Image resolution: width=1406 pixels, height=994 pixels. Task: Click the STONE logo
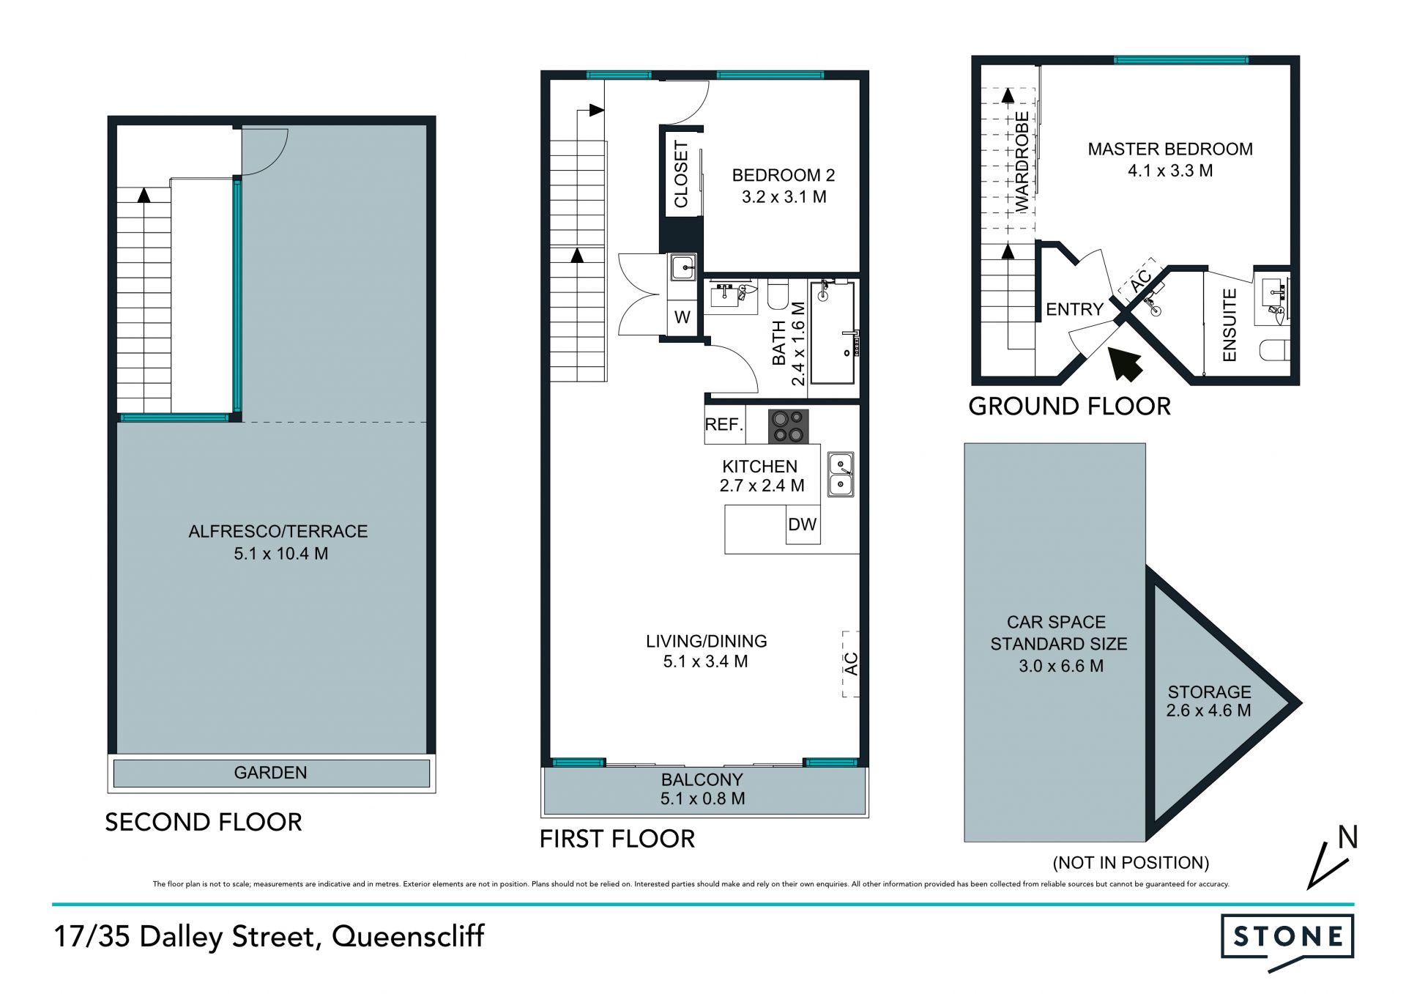(1287, 941)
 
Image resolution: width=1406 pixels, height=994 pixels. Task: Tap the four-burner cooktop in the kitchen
(788, 426)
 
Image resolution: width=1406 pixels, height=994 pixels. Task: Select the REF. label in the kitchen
(724, 425)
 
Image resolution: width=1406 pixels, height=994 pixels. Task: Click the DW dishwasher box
(803, 524)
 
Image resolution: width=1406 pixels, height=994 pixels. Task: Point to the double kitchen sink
(841, 474)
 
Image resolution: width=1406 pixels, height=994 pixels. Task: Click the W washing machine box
(682, 317)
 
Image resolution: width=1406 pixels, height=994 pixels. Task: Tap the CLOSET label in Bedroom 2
(681, 174)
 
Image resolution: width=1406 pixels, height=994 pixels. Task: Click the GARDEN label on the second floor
(270, 773)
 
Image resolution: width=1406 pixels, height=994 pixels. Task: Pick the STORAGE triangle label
(1209, 701)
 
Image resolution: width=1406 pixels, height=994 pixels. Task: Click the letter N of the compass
(1347, 837)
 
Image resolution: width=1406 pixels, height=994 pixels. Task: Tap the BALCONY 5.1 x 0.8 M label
(702, 790)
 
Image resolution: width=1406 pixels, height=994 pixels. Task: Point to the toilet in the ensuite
(1275, 350)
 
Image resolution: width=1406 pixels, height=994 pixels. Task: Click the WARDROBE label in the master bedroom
(1022, 162)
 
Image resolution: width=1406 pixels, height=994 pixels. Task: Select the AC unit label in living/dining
(850, 664)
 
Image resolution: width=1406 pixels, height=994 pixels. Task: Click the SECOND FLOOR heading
(204, 822)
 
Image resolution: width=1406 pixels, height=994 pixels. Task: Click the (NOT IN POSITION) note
(1131, 863)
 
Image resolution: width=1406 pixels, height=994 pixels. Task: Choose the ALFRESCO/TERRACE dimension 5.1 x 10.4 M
(281, 554)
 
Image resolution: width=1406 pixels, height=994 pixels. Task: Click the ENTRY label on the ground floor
(1074, 309)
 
